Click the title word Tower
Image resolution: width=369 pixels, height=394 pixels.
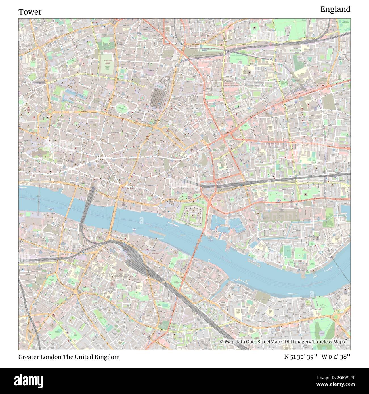(x=30, y=12)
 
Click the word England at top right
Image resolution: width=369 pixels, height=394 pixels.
(x=335, y=9)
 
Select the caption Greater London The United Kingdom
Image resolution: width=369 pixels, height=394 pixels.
(x=69, y=357)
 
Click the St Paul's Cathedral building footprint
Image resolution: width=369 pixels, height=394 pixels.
(x=40, y=153)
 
